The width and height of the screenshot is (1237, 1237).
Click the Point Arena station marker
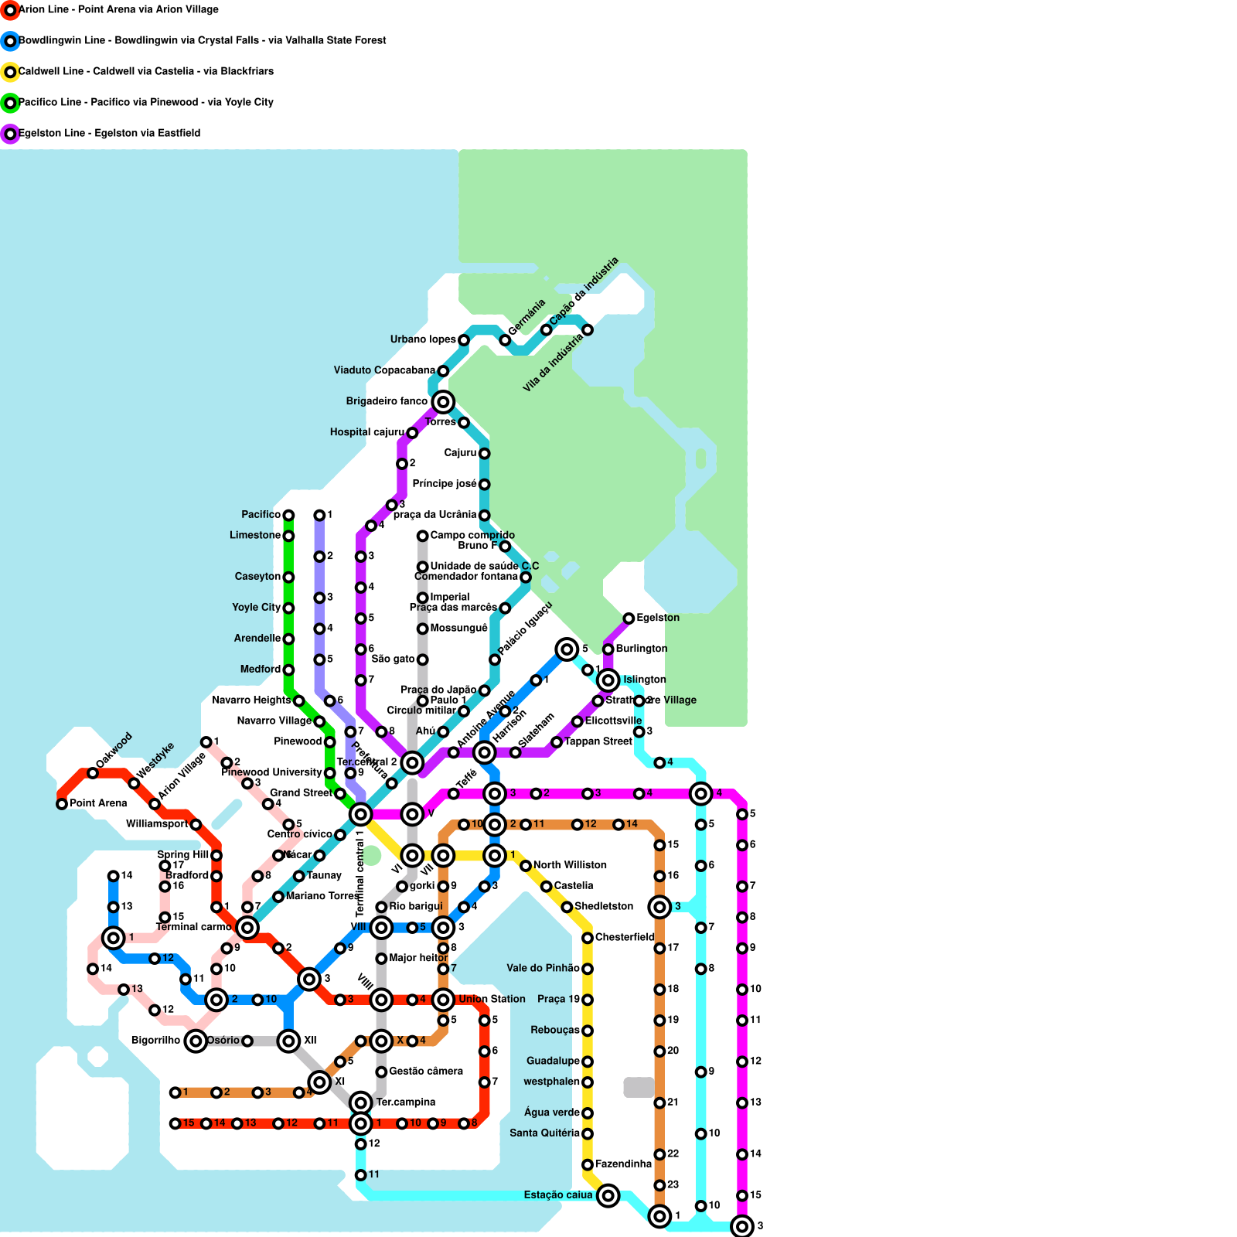(x=62, y=804)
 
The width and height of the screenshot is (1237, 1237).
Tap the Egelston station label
(x=658, y=618)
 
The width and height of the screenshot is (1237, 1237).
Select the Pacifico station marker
(x=288, y=515)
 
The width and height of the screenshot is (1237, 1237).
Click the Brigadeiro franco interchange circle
(x=443, y=401)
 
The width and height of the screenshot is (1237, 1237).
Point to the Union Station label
(x=492, y=999)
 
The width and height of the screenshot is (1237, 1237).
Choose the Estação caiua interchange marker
(x=608, y=1195)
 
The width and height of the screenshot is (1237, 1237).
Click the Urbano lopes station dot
(x=464, y=340)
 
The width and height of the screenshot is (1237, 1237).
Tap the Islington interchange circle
(x=608, y=680)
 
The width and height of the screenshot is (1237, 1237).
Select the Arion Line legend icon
(x=10, y=10)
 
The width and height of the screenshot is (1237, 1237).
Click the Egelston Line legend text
(x=109, y=133)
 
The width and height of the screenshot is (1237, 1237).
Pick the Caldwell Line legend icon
(x=10, y=72)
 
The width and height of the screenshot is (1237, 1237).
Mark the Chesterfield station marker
(x=588, y=938)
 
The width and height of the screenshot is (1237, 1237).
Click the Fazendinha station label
(x=623, y=1164)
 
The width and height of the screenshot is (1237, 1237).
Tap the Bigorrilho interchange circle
(x=196, y=1041)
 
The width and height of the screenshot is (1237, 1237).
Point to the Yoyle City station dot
(x=288, y=608)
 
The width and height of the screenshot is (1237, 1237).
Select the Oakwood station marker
(x=93, y=773)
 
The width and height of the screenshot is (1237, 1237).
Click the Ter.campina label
(x=405, y=1102)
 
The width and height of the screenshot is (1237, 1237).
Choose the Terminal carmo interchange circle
(x=247, y=928)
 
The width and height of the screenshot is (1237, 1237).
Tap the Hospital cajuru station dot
(x=412, y=433)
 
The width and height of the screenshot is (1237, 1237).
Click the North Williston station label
(x=570, y=865)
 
